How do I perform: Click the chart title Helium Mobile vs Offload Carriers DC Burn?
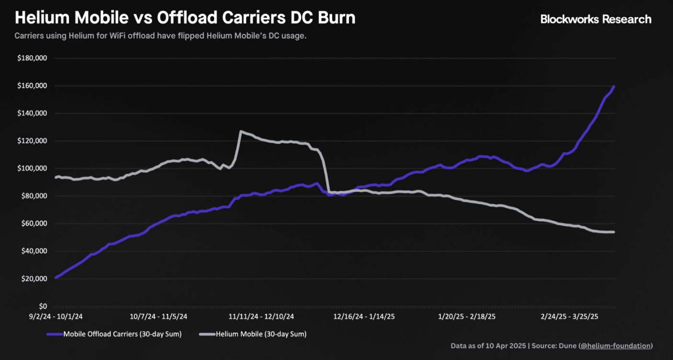(x=185, y=18)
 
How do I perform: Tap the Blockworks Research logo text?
(x=596, y=19)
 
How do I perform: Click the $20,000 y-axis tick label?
(x=33, y=279)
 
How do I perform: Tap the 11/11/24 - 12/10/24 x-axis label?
(x=261, y=317)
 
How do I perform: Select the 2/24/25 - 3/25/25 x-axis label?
(x=569, y=317)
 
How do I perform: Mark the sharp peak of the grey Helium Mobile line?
(x=240, y=131)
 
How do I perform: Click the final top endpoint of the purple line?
(x=614, y=87)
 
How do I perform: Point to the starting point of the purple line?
(x=56, y=277)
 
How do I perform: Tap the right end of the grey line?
(x=614, y=232)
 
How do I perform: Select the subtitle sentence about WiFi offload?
(x=161, y=36)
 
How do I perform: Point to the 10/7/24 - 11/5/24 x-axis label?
(x=159, y=317)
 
